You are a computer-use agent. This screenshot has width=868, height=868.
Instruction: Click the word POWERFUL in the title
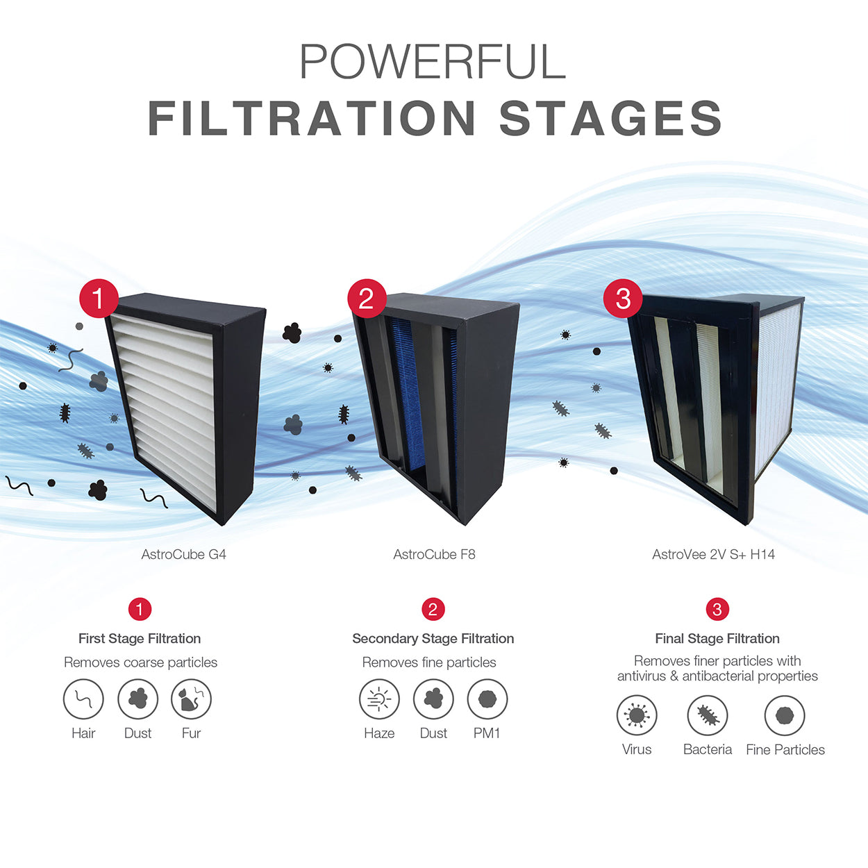click(433, 61)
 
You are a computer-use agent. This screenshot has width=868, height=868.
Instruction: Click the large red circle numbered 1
click(99, 298)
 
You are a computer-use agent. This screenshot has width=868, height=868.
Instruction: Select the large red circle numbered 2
click(367, 298)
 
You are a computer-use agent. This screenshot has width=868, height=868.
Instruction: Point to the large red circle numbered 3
click(623, 298)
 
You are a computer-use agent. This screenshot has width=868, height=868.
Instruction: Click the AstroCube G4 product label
click(184, 554)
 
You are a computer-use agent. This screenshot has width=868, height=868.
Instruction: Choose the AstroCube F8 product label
click(434, 554)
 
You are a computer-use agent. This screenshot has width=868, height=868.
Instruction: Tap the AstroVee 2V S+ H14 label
click(714, 554)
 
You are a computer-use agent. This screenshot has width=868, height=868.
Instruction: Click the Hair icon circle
click(83, 699)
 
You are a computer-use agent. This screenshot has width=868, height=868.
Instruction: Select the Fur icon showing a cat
click(191, 699)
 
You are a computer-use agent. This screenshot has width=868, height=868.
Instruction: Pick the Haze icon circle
click(379, 699)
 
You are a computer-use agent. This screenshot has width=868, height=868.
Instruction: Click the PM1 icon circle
click(487, 699)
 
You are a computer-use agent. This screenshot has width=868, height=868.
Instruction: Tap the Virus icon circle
click(637, 715)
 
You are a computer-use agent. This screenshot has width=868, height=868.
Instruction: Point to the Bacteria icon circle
click(707, 715)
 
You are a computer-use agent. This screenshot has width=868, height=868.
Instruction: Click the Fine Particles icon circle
click(785, 715)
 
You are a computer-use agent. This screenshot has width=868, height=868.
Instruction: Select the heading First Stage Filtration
click(140, 638)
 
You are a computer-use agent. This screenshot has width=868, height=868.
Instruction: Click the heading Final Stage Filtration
click(717, 638)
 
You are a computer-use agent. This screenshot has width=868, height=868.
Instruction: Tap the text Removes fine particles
click(429, 662)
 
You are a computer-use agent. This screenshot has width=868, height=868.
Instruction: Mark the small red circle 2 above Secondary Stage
click(433, 610)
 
